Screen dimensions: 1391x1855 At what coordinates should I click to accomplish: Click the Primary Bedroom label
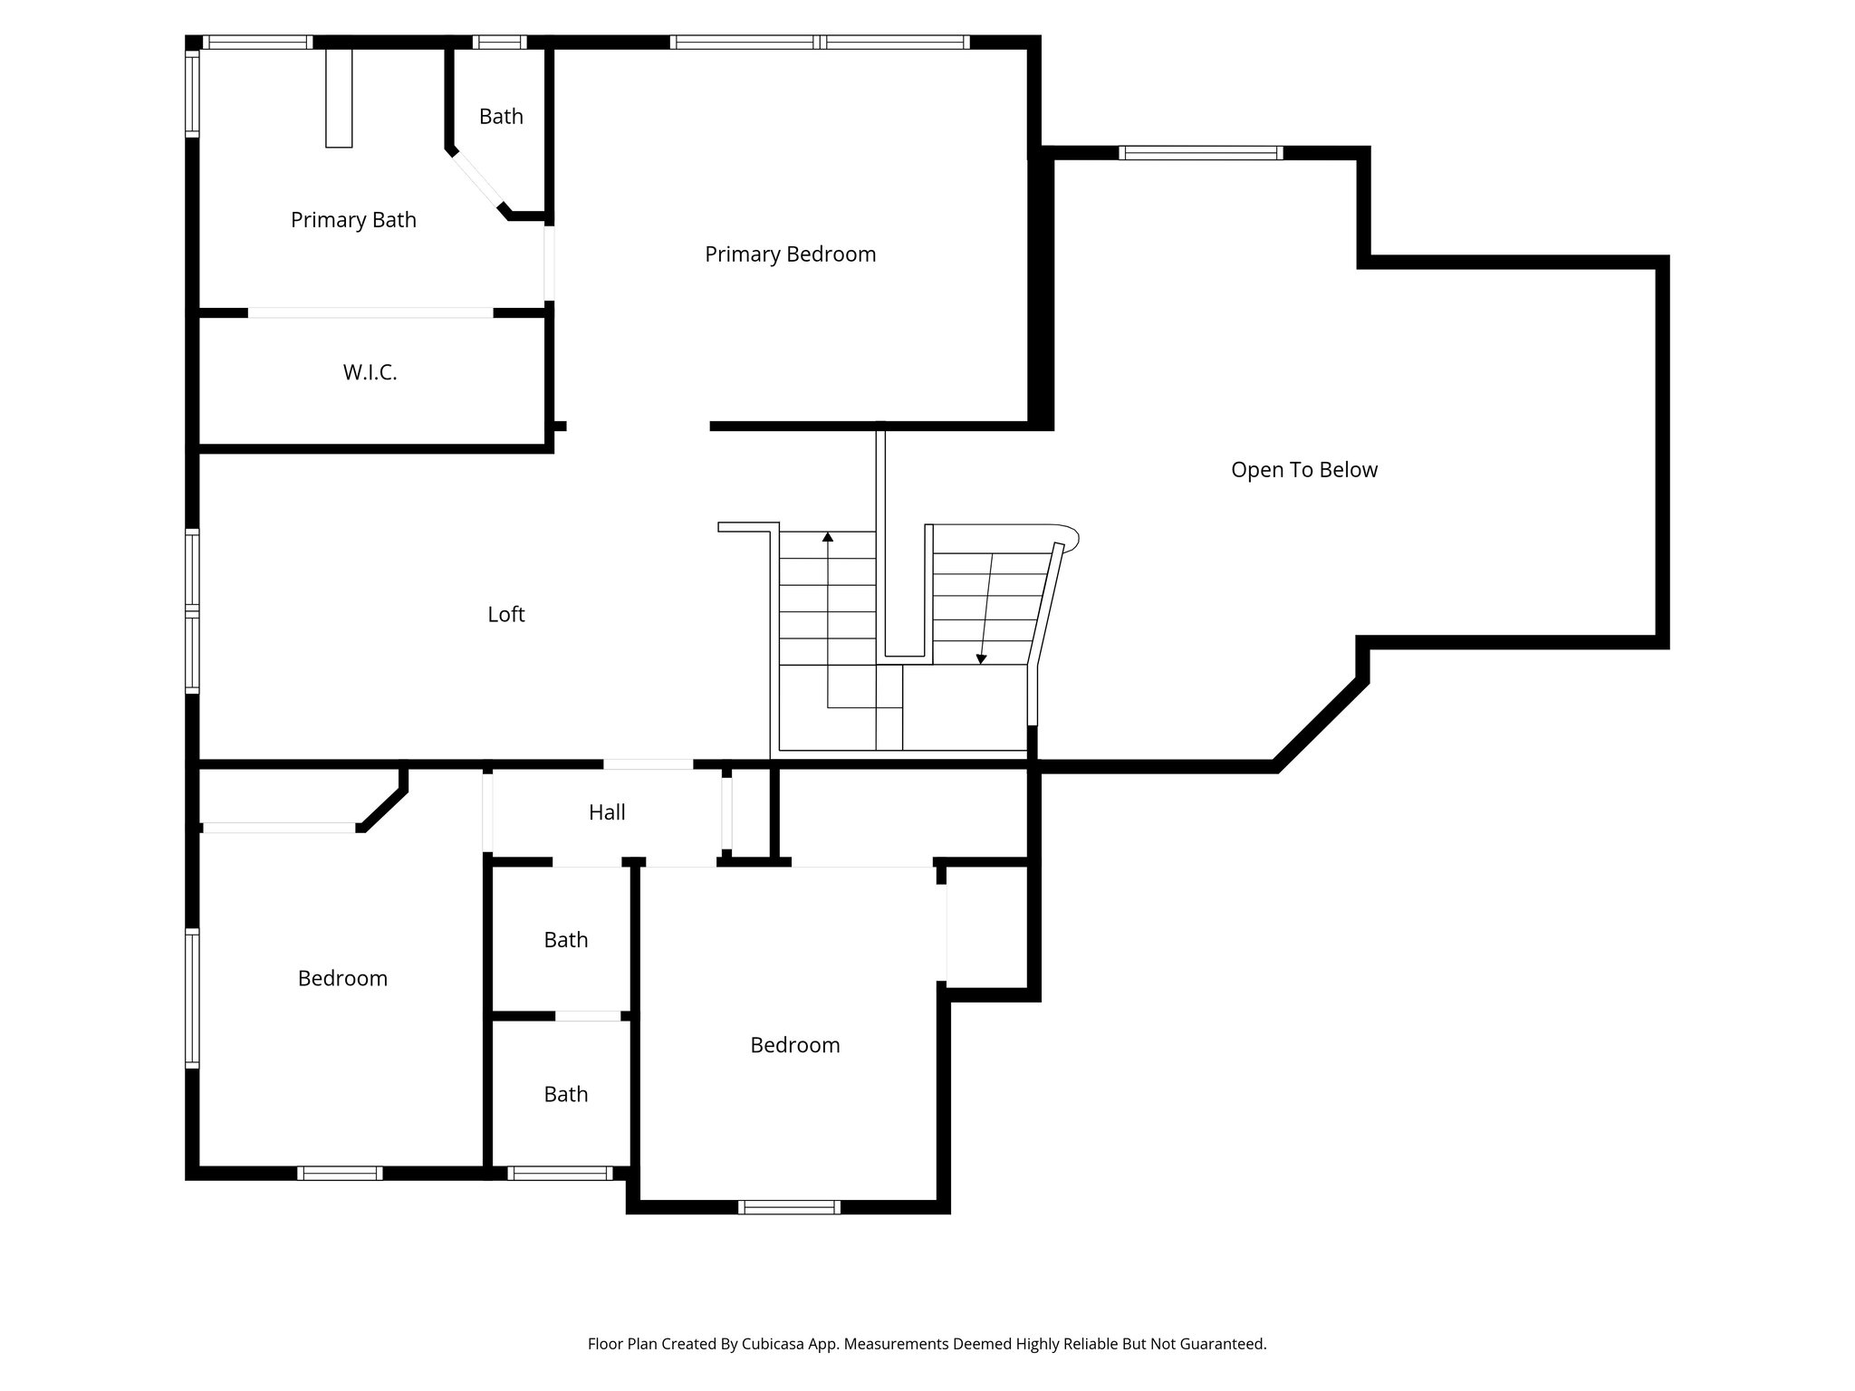pyautogui.click(x=790, y=254)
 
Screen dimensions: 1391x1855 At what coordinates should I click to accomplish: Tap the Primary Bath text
pyautogui.click(x=353, y=220)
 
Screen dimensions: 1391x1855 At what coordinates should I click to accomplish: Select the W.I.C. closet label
pyautogui.click(x=370, y=372)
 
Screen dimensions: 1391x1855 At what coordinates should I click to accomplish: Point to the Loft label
pyautogui.click(x=505, y=615)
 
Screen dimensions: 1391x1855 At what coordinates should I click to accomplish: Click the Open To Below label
pyautogui.click(x=1303, y=470)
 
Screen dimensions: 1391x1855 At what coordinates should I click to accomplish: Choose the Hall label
pyautogui.click(x=607, y=812)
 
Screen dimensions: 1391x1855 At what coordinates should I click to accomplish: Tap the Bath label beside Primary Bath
pyautogui.click(x=501, y=117)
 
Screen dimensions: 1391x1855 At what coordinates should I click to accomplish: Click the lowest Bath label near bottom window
pyautogui.click(x=565, y=1094)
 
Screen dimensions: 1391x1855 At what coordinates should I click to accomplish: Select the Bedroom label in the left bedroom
pyautogui.click(x=342, y=978)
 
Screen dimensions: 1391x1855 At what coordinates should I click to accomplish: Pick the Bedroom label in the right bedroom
pyautogui.click(x=794, y=1045)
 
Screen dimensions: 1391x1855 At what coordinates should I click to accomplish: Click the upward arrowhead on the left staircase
pyautogui.click(x=828, y=537)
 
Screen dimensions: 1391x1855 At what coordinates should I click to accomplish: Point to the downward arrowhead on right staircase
pyautogui.click(x=981, y=659)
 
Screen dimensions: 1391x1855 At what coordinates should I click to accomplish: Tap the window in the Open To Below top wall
pyautogui.click(x=1201, y=153)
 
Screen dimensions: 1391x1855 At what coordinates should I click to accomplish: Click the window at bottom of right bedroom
pyautogui.click(x=789, y=1206)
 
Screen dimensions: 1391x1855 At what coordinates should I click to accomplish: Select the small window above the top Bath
pyautogui.click(x=499, y=42)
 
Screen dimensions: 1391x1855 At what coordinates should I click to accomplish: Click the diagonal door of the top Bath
pyautogui.click(x=477, y=185)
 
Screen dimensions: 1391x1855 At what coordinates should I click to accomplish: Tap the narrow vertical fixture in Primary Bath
pyautogui.click(x=339, y=98)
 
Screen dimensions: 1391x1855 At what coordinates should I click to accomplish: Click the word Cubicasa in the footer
pyautogui.click(x=775, y=1344)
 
